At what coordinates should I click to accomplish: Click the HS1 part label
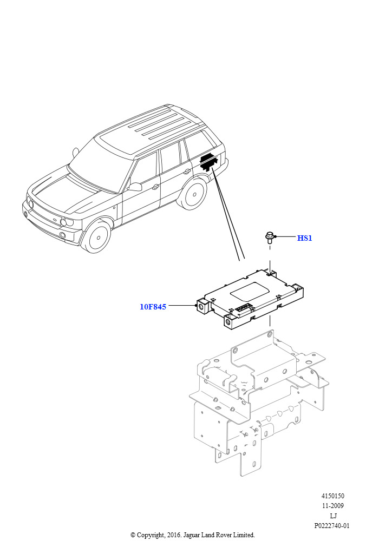(x=305, y=238)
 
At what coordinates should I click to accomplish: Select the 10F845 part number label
(x=153, y=307)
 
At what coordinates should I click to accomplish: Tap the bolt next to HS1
(x=270, y=238)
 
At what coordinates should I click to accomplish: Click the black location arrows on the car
(x=209, y=162)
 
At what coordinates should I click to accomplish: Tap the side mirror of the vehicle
(x=134, y=187)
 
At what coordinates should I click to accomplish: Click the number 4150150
(x=332, y=496)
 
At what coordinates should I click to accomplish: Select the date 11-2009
(x=332, y=506)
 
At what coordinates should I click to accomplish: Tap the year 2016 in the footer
(x=174, y=535)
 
